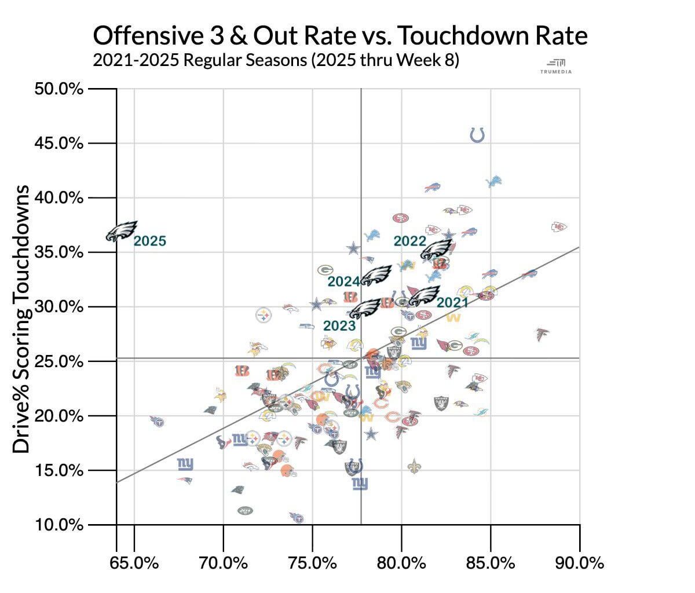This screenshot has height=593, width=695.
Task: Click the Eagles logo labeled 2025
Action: point(122,230)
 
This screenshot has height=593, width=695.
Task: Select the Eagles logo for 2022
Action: point(436,250)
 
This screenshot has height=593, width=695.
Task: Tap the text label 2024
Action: point(344,281)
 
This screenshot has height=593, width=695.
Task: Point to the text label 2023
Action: point(339,325)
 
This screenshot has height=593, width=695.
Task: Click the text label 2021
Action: point(452,302)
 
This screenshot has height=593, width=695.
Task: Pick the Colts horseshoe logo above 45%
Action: point(477,135)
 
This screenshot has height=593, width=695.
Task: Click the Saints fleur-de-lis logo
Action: point(414,464)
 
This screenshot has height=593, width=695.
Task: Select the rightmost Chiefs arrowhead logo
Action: point(559,226)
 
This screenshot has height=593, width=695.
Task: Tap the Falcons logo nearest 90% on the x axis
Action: point(543,334)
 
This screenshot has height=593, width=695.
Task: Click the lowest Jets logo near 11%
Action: point(245,510)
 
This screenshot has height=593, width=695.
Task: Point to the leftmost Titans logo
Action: point(157,421)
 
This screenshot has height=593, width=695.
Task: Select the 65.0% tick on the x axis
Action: point(134,562)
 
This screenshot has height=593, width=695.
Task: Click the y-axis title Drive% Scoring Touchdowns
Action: point(22,319)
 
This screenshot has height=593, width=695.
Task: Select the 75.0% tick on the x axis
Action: point(313,562)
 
